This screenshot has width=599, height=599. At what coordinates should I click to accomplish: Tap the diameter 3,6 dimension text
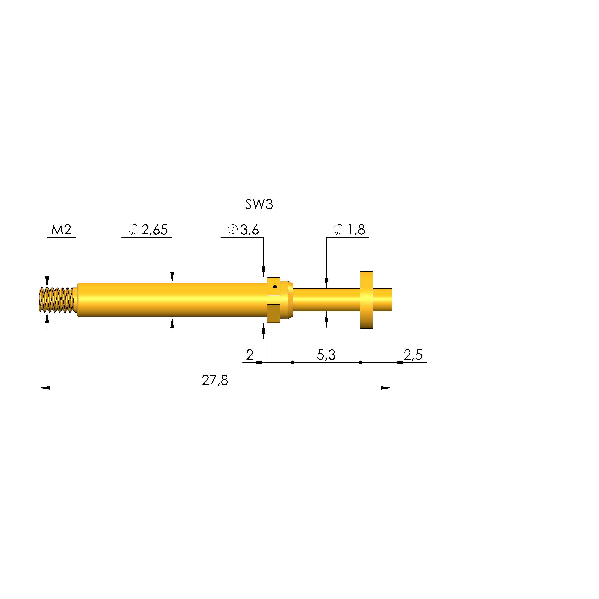[x=243, y=230]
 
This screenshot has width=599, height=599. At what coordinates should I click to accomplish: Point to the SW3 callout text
[x=259, y=204]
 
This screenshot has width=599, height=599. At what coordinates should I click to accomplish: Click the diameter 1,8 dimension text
[x=349, y=230]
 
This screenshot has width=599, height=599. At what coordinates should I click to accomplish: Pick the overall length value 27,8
[x=215, y=380]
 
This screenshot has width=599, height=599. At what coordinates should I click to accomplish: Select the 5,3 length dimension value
[x=326, y=355]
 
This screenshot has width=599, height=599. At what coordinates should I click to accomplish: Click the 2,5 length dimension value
[x=413, y=355]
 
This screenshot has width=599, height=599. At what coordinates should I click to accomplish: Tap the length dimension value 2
[x=250, y=355]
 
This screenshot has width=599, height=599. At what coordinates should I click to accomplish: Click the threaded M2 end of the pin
[x=57, y=299]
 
